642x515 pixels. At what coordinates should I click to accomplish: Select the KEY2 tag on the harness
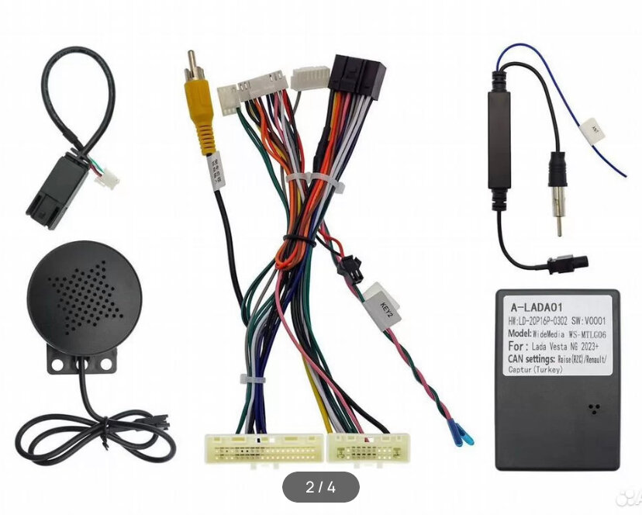click(381, 305)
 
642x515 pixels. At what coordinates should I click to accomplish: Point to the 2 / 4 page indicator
click(320, 487)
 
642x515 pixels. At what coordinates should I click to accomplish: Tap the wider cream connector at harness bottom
click(264, 448)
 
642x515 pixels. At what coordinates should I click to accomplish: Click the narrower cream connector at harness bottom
click(364, 448)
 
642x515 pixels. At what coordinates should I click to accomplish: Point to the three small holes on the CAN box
click(594, 409)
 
